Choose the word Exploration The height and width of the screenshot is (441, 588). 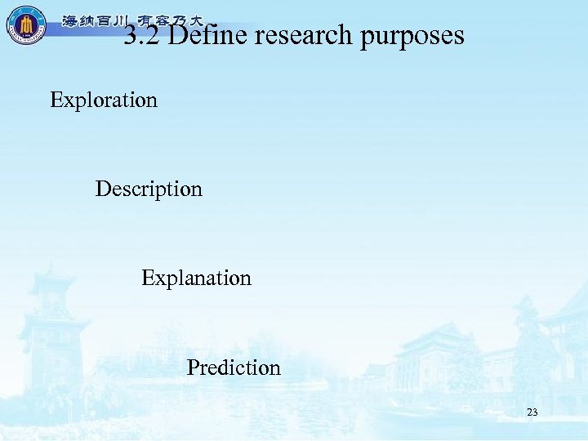[104, 100]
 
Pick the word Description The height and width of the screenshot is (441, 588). [149, 190]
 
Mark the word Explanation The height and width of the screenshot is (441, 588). [196, 278]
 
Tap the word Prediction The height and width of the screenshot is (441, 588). [234, 367]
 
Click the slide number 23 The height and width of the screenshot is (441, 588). [532, 413]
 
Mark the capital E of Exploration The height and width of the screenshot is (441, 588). [56, 100]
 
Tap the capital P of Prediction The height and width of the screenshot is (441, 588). [193, 367]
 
